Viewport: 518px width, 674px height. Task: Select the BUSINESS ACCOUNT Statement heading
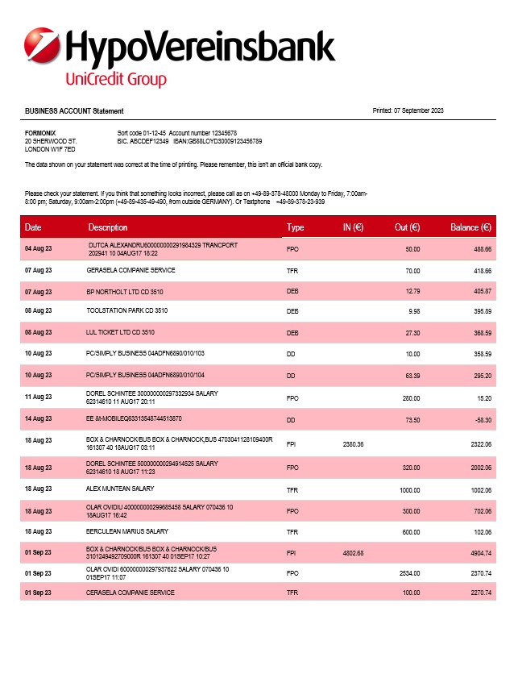(74, 111)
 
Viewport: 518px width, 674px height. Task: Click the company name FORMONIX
(40, 132)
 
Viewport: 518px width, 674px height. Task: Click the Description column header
(108, 228)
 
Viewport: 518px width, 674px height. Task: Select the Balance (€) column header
(470, 228)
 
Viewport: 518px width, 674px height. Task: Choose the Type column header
(295, 228)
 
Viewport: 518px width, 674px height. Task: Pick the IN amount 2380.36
(353, 444)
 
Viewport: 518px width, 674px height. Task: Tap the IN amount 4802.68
(353, 553)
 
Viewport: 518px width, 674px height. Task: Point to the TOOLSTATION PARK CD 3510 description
(127, 310)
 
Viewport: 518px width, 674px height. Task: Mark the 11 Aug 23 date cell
(38, 397)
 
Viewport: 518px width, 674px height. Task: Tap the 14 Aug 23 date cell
(38, 419)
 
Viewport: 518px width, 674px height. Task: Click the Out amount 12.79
(412, 290)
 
